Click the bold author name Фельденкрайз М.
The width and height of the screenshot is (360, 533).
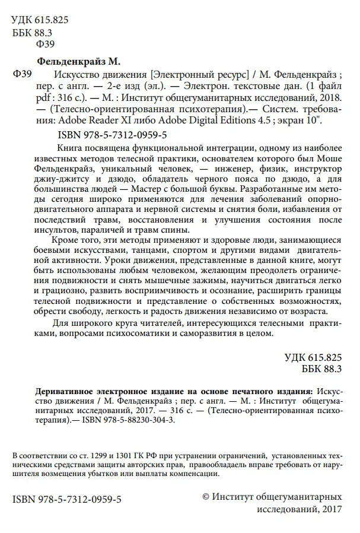(79, 61)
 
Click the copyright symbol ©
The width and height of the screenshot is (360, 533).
(206, 495)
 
